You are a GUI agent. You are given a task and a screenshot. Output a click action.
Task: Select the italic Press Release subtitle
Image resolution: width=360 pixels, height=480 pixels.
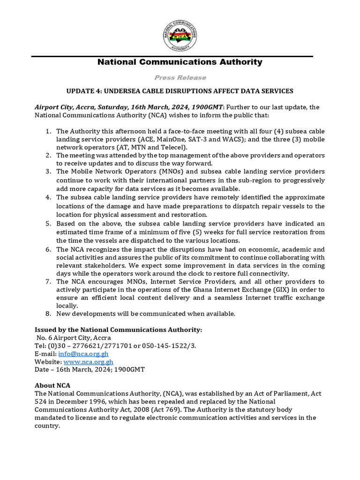click(x=180, y=77)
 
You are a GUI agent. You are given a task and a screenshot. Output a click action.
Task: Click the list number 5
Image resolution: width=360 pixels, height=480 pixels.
click(x=48, y=224)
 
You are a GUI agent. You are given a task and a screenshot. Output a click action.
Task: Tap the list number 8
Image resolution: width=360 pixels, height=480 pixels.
click(x=48, y=313)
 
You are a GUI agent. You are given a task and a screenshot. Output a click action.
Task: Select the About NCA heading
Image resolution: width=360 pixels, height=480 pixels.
click(x=52, y=385)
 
